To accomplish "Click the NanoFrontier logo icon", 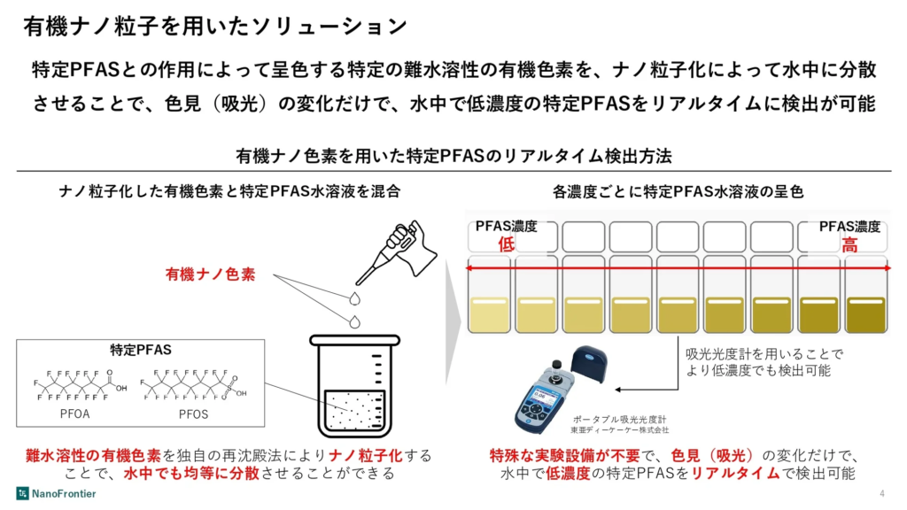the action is (22, 493).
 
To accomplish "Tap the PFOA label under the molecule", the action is (75, 414).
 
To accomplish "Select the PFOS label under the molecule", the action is (193, 414).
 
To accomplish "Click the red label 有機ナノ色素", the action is (211, 274).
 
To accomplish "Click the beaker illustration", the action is (354, 385).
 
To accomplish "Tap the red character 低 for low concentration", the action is (506, 244).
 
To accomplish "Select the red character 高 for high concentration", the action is (849, 244).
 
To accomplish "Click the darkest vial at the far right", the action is (866, 294).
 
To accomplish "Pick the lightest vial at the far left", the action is (489, 294).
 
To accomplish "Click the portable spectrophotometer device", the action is (558, 390).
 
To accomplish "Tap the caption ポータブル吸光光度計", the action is (619, 419).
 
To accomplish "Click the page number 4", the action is (882, 493).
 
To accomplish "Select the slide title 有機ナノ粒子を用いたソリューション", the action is (215, 27).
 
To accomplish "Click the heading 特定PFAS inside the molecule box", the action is (141, 350).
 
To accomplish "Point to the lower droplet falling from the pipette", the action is (354, 322).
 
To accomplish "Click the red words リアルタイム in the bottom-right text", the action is (735, 474).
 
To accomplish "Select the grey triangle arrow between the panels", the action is (453, 322).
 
